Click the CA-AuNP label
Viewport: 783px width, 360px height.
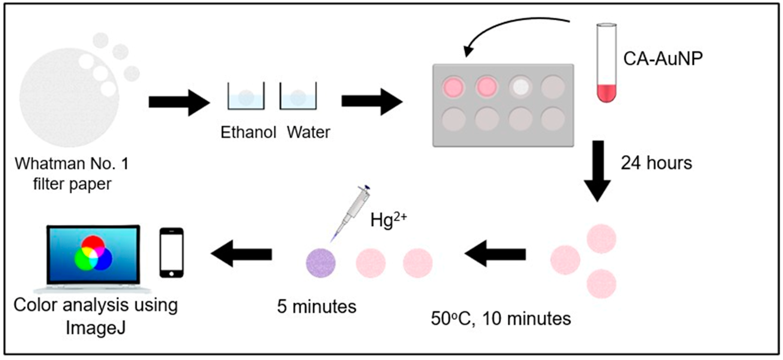pos(663,58)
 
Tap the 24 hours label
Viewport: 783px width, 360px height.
pos(656,163)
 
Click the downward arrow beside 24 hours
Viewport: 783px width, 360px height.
pos(597,170)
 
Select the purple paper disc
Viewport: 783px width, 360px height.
pos(321,263)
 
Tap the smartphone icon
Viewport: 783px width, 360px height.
pos(171,253)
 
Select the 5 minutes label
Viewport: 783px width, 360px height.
pos(316,307)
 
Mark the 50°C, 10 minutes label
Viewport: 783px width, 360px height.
pos(501,319)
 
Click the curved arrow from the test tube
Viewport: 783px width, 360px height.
pos(511,27)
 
